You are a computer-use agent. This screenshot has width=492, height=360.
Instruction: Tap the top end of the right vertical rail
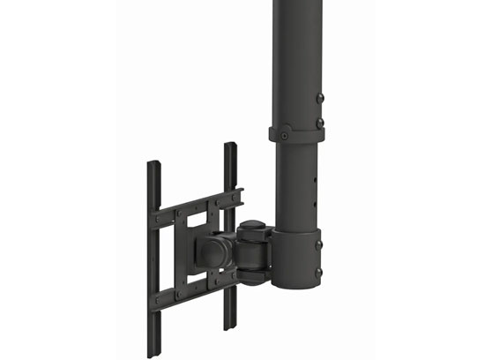[230, 146]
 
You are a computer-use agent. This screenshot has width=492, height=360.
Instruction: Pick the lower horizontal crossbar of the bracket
[196, 289]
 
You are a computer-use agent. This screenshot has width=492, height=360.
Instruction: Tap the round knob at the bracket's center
[212, 252]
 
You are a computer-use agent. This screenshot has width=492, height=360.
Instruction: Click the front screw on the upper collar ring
[287, 133]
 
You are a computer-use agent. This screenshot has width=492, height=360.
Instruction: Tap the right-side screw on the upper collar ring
[320, 123]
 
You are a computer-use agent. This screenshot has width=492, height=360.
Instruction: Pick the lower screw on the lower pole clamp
[318, 273]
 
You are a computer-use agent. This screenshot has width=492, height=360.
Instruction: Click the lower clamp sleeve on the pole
[297, 260]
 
